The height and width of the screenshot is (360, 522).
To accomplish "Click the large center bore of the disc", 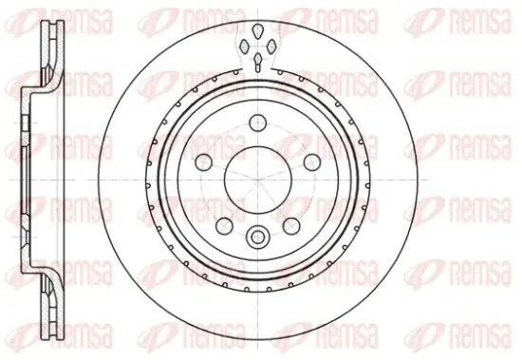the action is point(258,180).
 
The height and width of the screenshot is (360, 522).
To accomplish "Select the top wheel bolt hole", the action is point(258,123).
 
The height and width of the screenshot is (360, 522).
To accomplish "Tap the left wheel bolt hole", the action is point(204,162).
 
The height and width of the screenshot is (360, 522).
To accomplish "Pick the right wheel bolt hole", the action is point(312,162).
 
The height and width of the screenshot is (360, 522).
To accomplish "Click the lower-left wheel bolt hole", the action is point(224,226).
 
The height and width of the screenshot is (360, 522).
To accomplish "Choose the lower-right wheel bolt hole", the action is point(291,226).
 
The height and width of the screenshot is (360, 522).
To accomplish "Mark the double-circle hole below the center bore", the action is point(256,237).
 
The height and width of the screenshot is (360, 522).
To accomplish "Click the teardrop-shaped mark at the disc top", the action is point(258,31).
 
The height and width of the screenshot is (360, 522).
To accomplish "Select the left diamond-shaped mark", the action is point(244,46).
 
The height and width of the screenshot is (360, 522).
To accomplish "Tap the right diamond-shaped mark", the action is point(271,46).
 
